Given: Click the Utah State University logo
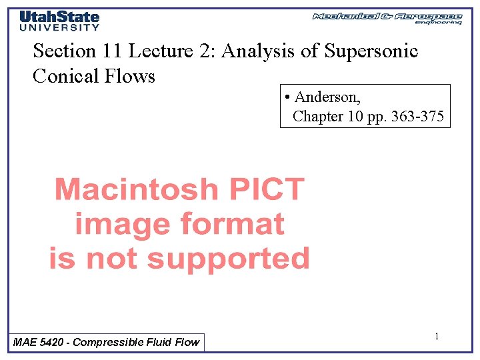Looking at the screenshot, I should click(x=59, y=21).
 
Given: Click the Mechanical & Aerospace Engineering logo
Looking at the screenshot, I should click(x=387, y=18).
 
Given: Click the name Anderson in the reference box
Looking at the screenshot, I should click(x=327, y=97).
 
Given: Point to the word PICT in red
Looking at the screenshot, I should click(x=267, y=190).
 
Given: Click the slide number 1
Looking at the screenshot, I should click(x=437, y=337).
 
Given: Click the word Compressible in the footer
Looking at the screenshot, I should click(x=109, y=342).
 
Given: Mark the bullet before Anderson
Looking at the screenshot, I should click(x=286, y=97).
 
